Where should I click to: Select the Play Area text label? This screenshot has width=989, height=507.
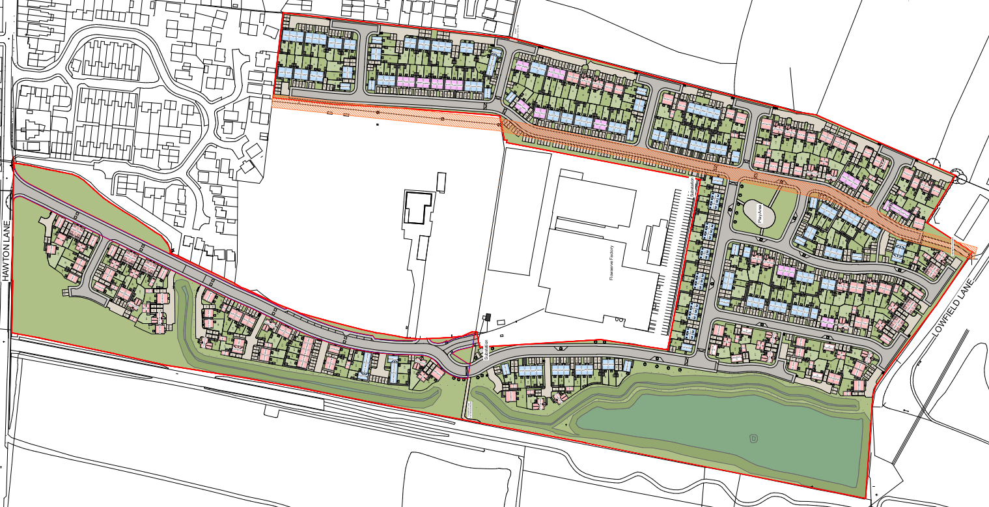760,213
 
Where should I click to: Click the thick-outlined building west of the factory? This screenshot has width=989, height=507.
417,207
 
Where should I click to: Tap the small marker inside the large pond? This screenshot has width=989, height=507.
754,438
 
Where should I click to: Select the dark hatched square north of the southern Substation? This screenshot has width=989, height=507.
486,317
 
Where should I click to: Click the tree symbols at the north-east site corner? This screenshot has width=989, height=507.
957,175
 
